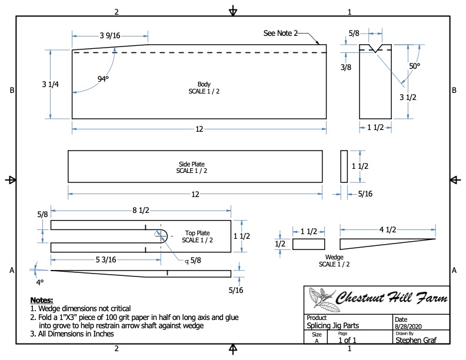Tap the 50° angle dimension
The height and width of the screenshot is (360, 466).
click(x=415, y=66)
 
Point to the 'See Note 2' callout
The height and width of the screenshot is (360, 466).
click(x=281, y=34)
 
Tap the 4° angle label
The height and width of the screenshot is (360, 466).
click(x=40, y=282)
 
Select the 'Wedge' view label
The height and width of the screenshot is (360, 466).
click(x=334, y=257)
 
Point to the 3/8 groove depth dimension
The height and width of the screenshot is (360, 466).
click(x=346, y=67)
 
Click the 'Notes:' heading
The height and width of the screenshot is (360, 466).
click(x=41, y=300)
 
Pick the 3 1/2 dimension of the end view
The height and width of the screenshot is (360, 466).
click(x=408, y=97)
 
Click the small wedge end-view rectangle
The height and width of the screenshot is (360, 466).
click(x=308, y=245)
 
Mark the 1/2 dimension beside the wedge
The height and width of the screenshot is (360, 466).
click(x=280, y=244)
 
